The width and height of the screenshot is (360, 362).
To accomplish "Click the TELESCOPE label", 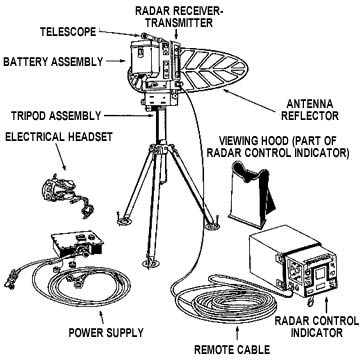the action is click(68, 32).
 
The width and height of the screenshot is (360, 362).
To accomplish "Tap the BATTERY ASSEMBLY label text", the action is click(53, 62).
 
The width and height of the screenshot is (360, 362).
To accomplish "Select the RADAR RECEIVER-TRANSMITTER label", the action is click(179, 17).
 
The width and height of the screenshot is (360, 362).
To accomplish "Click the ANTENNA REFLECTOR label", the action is click(310, 110).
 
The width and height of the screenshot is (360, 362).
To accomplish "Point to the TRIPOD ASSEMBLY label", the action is click(56, 116).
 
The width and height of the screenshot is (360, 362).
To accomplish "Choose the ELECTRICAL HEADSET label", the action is click(59, 137).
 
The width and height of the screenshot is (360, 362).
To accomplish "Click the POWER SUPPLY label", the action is click(106, 332).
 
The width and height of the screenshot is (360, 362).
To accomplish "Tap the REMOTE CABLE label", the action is click(232, 350).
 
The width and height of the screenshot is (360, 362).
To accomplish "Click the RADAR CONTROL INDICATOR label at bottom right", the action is click(316, 327).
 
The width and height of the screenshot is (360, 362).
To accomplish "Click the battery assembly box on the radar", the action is click(143, 57).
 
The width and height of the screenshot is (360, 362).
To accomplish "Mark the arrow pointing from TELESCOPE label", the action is click(118, 33).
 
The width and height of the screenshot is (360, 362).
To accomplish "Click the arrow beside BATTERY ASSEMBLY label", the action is click(117, 61).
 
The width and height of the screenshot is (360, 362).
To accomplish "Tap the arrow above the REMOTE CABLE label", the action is click(237, 333).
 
